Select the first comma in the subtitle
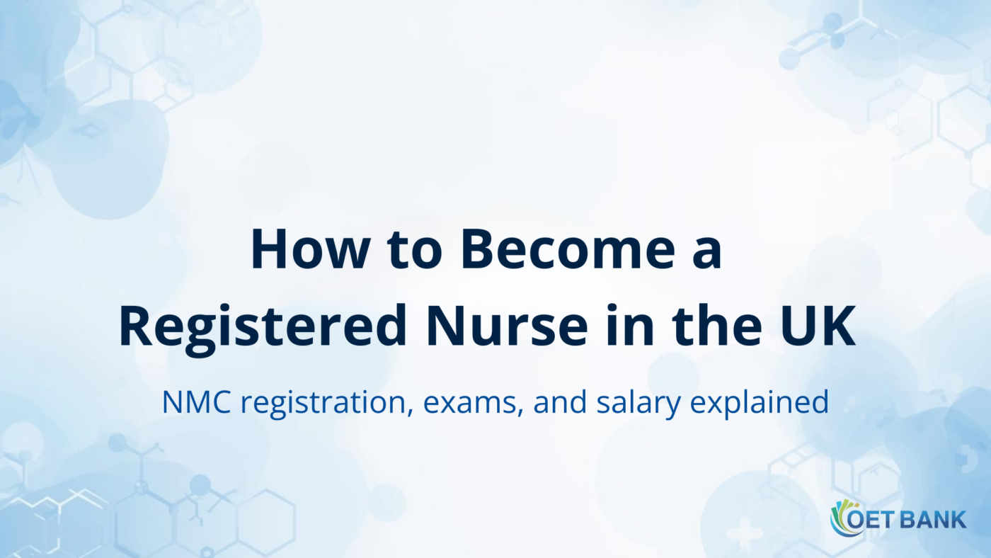tap(413, 412)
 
